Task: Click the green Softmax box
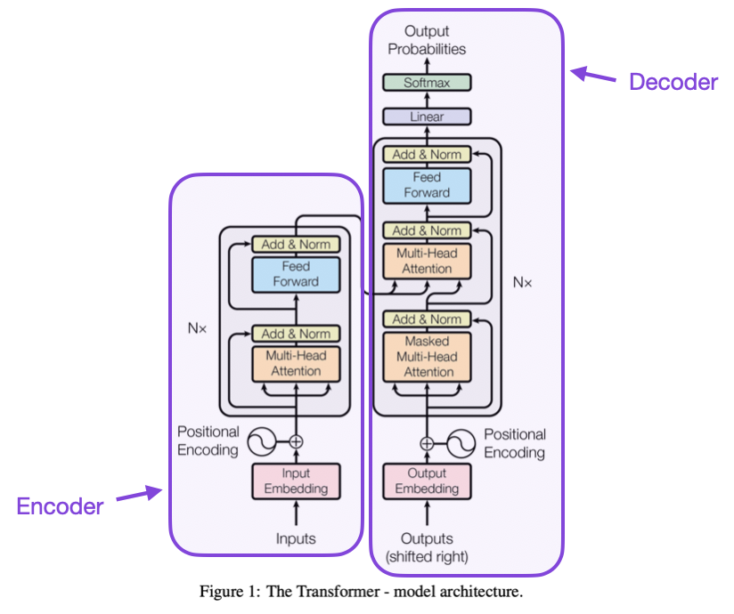(427, 83)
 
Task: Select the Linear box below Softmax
(427, 117)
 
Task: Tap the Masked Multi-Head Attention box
(427, 357)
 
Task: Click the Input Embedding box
(296, 481)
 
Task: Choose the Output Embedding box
(427, 481)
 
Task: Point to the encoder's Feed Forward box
(296, 274)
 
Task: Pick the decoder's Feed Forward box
(427, 185)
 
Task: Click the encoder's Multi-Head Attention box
(296, 363)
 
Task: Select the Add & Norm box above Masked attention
(427, 319)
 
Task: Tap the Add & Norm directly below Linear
(427, 154)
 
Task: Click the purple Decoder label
(673, 83)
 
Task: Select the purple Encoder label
(60, 506)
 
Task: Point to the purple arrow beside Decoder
(593, 76)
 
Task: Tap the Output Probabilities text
(427, 41)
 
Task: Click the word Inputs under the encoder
(296, 539)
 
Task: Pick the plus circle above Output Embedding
(427, 442)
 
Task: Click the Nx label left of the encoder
(196, 328)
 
